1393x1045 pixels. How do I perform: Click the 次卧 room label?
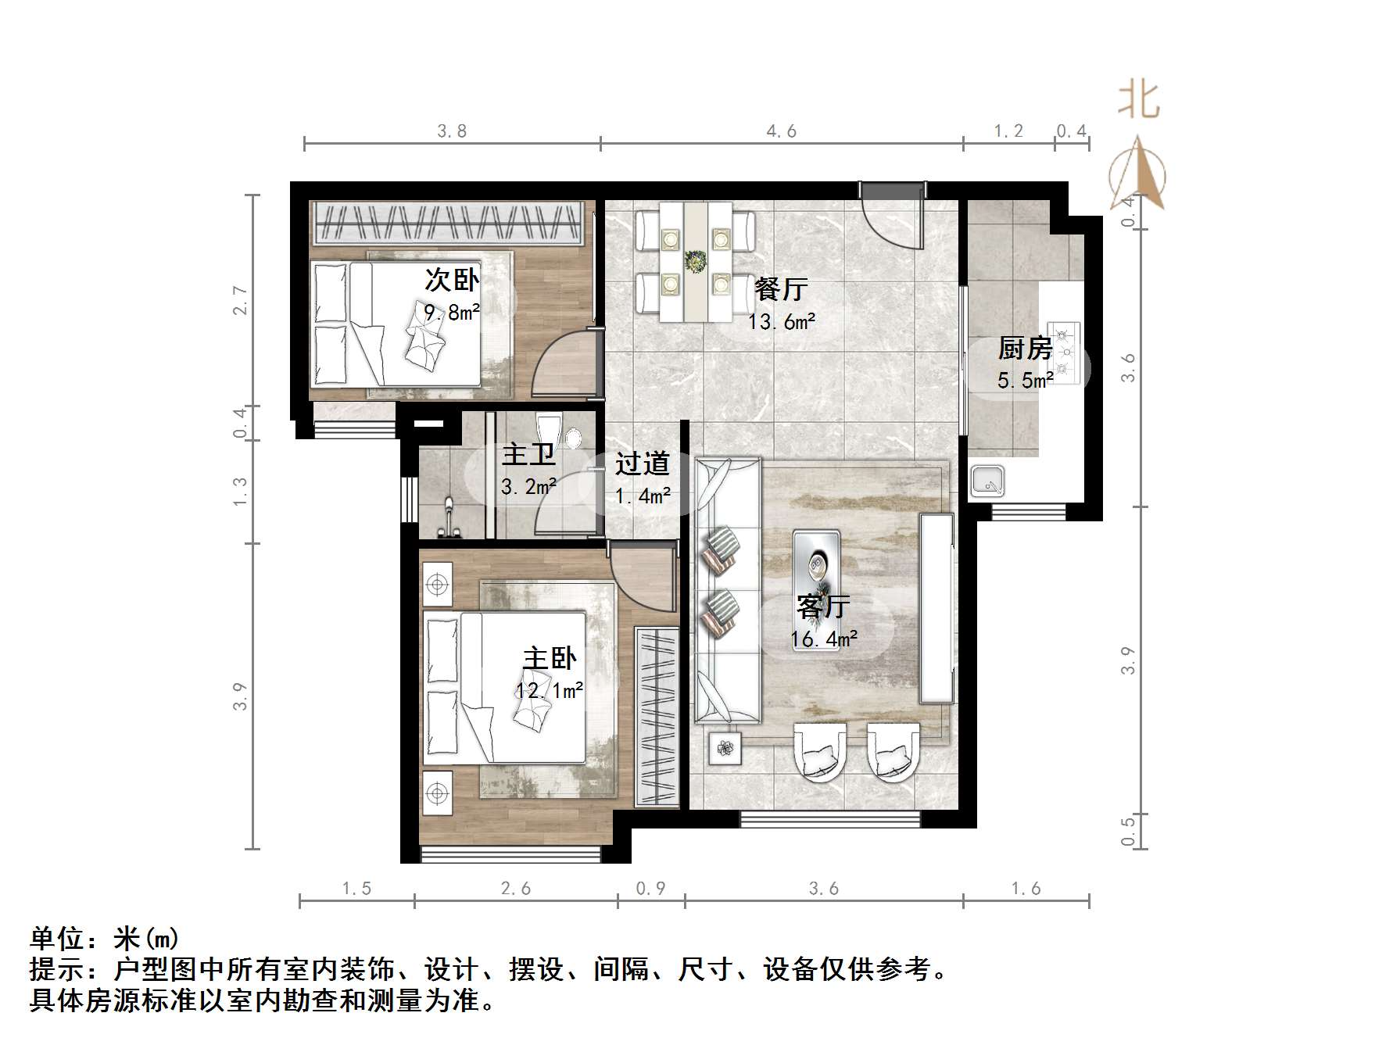(x=452, y=280)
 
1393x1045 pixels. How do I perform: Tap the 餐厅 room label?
(x=781, y=290)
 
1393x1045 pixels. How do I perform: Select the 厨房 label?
(x=1025, y=349)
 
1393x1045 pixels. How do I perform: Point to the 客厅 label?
(x=823, y=607)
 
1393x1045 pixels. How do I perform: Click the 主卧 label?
(x=550, y=658)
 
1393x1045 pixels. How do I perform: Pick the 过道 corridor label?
(x=642, y=464)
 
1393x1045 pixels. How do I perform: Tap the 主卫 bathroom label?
(x=528, y=455)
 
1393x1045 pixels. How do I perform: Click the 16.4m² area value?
(x=824, y=639)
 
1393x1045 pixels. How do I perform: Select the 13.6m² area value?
(x=782, y=322)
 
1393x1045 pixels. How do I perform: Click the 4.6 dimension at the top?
(x=781, y=131)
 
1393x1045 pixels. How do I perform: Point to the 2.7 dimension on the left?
(x=240, y=300)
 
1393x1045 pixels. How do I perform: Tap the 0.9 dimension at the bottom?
(x=650, y=889)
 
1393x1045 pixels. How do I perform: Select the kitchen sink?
(x=987, y=481)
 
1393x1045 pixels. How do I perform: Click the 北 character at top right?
(x=1139, y=101)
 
